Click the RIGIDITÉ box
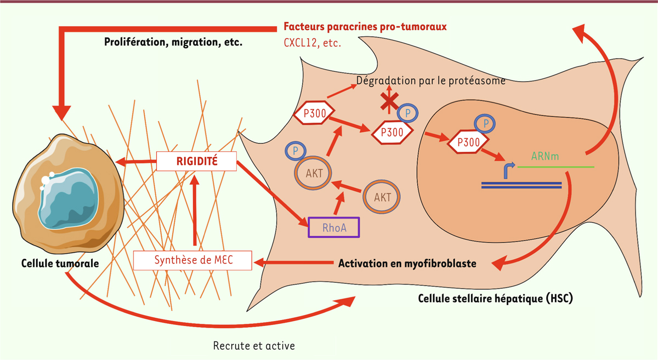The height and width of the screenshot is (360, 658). (x=196, y=161)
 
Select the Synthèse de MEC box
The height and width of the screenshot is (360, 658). (x=192, y=260)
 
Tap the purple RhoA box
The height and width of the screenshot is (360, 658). (x=334, y=227)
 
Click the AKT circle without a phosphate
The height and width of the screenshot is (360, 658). (x=382, y=197)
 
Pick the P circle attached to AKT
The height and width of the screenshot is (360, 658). (x=296, y=151)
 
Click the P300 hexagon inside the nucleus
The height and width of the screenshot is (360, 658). (x=468, y=142)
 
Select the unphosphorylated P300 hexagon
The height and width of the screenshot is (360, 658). (x=314, y=113)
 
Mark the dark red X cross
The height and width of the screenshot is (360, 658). (x=389, y=101)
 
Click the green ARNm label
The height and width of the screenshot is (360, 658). (x=545, y=156)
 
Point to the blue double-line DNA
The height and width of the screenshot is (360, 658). (x=521, y=185)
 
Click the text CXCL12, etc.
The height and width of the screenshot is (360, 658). (x=312, y=43)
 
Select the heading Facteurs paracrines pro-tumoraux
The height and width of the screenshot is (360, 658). (x=365, y=27)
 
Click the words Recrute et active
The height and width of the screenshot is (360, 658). (x=254, y=346)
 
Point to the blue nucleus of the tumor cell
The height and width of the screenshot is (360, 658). (x=69, y=198)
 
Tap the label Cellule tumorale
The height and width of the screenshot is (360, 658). (x=60, y=264)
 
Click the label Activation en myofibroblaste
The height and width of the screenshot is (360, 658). (x=407, y=264)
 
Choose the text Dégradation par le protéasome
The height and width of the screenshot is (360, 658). (x=430, y=81)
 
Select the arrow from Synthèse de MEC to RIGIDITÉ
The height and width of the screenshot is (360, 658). (x=195, y=210)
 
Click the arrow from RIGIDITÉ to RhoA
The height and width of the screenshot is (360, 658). (x=273, y=193)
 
